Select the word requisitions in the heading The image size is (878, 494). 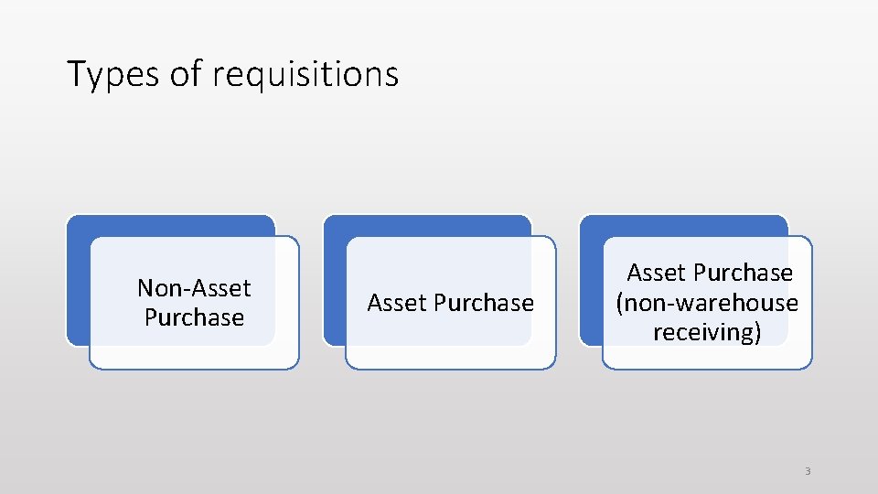point(305,74)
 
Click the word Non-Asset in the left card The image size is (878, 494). point(194,288)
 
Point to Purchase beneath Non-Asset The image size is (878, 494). point(194,317)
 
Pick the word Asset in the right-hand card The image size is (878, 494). point(657,273)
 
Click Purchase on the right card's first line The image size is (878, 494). point(743,273)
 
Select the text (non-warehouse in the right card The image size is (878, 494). point(707,303)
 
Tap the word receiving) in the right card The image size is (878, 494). point(707,332)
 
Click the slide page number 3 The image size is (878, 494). point(808,471)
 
